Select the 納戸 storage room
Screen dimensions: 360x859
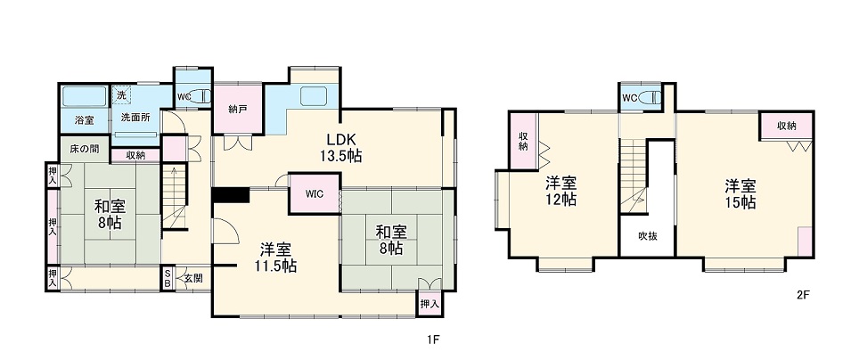pyautogui.click(x=237, y=110)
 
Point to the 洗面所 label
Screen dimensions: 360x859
pyautogui.click(x=135, y=118)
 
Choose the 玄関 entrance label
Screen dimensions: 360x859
pyautogui.click(x=192, y=279)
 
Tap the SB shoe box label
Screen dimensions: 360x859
pyautogui.click(x=167, y=278)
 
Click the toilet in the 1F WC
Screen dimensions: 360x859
pyautogui.click(x=200, y=95)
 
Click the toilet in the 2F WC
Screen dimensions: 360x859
pyautogui.click(x=654, y=97)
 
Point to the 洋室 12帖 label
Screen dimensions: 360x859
pyautogui.click(x=561, y=191)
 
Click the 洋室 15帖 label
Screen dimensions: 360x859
pyautogui.click(x=740, y=193)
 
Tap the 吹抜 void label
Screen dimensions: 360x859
pyautogui.click(x=647, y=236)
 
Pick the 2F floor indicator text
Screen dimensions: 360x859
pyautogui.click(x=803, y=294)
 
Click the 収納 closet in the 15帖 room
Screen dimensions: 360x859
pyautogui.click(x=785, y=126)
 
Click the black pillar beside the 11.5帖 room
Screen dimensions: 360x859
pyautogui.click(x=231, y=195)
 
